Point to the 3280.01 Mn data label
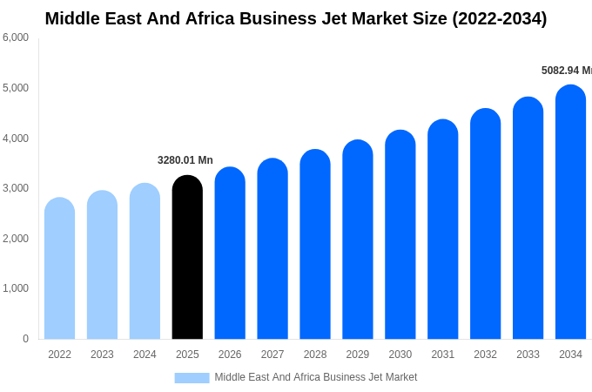tap(185, 160)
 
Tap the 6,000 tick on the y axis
tap(16, 37)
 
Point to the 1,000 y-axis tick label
tap(16, 288)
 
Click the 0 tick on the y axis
tap(25, 339)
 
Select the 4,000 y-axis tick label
tap(16, 138)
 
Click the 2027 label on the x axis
tap(272, 355)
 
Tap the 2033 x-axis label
tap(528, 355)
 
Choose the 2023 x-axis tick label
tap(102, 355)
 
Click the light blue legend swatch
tap(192, 377)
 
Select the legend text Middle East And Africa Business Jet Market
tap(316, 377)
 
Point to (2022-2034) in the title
tap(499, 18)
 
